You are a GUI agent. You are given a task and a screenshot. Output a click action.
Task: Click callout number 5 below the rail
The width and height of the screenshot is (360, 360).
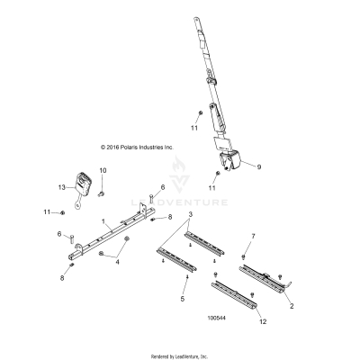184,297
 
